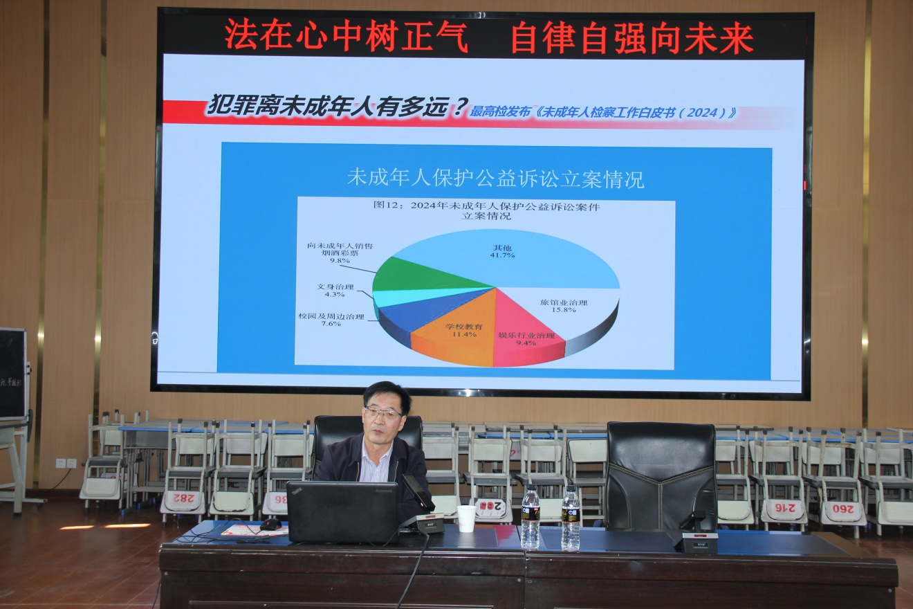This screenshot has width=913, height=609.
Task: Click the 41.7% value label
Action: click(x=504, y=255)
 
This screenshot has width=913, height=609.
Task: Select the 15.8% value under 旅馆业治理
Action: click(x=564, y=309)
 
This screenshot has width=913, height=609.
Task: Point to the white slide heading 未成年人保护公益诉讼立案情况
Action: click(x=495, y=179)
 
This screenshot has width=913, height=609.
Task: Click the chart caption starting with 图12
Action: click(x=486, y=210)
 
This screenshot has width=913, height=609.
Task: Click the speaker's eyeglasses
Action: click(x=383, y=413)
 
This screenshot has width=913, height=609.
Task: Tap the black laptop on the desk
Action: click(x=342, y=512)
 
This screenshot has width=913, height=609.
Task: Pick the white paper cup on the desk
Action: click(x=466, y=518)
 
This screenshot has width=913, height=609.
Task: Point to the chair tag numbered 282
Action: click(x=183, y=498)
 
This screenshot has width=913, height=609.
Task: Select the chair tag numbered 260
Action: click(x=843, y=513)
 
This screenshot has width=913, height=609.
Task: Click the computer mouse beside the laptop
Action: click(x=270, y=524)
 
